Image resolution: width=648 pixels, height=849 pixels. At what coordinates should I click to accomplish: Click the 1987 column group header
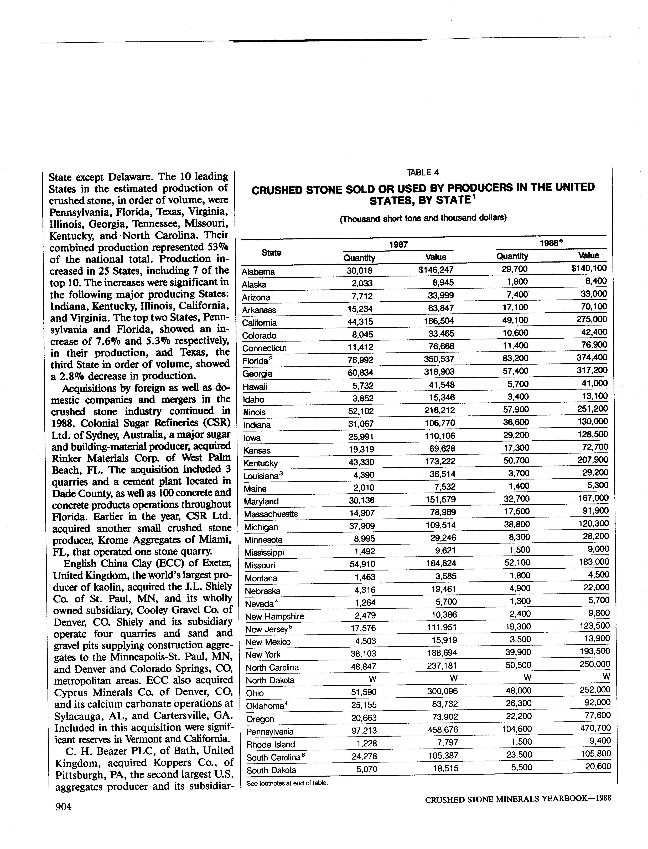[x=398, y=244]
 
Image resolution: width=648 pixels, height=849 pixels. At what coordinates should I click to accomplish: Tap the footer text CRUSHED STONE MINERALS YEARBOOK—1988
[x=518, y=799]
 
